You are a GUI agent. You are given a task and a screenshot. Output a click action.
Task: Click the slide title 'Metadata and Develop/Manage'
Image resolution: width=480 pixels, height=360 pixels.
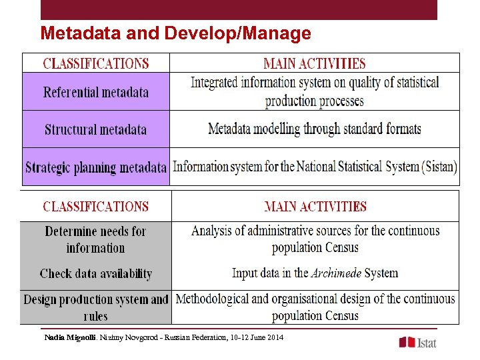click(175, 33)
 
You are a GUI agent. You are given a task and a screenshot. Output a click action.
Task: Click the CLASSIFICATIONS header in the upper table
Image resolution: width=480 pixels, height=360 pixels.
click(96, 64)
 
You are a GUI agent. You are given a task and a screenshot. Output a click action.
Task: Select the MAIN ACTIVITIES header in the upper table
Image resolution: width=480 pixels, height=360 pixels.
click(315, 64)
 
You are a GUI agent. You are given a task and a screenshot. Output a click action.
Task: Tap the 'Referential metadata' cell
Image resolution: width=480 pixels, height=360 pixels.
click(96, 92)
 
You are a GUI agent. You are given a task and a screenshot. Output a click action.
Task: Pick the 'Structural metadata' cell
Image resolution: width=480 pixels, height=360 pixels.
click(96, 129)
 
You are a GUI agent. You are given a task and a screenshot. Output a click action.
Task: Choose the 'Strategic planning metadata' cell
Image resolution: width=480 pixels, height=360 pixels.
click(96, 167)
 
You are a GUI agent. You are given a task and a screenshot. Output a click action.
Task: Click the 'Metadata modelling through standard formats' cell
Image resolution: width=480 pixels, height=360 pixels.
click(315, 129)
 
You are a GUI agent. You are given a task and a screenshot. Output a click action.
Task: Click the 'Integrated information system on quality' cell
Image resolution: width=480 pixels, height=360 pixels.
click(315, 92)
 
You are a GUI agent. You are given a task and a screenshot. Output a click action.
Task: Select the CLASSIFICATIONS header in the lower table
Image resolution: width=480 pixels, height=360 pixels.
click(96, 207)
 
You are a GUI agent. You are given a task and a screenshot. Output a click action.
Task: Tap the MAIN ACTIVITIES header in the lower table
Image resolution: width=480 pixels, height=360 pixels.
click(315, 207)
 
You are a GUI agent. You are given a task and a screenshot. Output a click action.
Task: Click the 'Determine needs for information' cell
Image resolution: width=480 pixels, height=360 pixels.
click(95, 239)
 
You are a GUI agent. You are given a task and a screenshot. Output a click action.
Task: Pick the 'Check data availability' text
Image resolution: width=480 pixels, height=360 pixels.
click(96, 273)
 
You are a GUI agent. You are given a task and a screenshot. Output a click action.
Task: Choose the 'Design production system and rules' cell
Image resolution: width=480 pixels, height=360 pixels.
click(96, 307)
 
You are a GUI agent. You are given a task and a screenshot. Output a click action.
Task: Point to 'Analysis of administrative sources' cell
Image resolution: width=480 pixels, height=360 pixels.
click(315, 239)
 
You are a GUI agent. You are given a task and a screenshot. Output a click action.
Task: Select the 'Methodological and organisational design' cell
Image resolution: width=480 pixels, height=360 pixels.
click(315, 307)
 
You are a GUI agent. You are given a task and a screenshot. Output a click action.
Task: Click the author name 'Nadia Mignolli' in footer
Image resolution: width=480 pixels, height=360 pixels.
click(70, 338)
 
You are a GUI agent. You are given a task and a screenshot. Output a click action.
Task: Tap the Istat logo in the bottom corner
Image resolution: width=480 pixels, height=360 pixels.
click(418, 342)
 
